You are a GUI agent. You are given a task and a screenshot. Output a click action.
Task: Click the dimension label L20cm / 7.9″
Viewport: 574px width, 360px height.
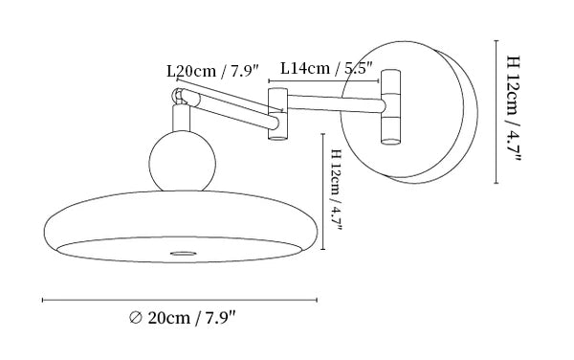(x=212, y=71)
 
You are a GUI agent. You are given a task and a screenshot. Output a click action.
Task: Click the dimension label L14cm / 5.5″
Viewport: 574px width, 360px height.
(x=326, y=68)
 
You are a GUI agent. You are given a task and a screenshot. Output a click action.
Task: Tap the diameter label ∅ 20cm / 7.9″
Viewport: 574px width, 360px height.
(x=183, y=317)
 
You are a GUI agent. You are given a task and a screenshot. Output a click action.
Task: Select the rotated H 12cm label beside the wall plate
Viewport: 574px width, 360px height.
(x=513, y=108)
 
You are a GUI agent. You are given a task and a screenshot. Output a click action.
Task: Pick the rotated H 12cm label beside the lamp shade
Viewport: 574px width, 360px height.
(x=336, y=190)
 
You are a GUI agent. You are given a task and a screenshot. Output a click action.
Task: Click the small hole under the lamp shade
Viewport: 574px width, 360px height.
(x=183, y=253)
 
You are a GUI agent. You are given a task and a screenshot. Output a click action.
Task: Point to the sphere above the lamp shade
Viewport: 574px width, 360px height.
(x=183, y=161)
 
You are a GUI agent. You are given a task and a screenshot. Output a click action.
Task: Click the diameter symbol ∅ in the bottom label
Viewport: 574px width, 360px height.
(x=135, y=318)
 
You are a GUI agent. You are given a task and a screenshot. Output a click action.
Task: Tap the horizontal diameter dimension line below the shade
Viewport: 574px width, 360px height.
(x=180, y=300)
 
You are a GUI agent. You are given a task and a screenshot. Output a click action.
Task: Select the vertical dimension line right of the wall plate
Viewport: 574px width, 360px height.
(x=496, y=111)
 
